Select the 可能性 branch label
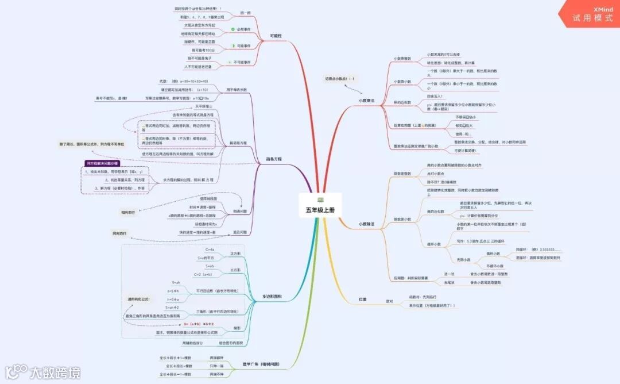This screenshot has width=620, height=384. pyautogui.click(x=276, y=36)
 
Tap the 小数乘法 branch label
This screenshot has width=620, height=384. pyautogui.click(x=366, y=101)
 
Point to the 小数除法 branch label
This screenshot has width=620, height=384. pyautogui.click(x=366, y=224)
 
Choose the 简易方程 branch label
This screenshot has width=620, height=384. pyautogui.click(x=273, y=159)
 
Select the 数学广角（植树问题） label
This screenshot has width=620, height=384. pyautogui.click(x=261, y=364)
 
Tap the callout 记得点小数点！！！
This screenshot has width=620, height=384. pyautogui.click(x=340, y=78)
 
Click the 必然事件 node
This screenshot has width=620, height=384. pyautogui.click(x=243, y=29)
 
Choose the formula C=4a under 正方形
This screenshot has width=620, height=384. pyautogui.click(x=210, y=249)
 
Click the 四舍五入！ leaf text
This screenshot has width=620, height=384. pyautogui.click(x=435, y=96)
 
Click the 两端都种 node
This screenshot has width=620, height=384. pyautogui.click(x=216, y=358)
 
